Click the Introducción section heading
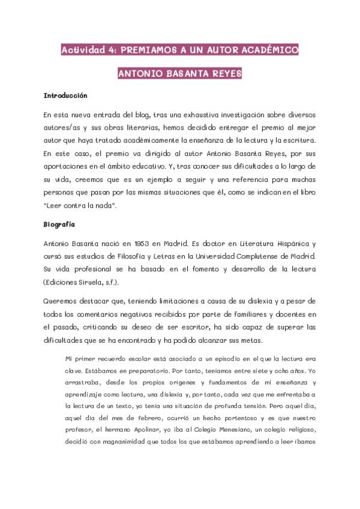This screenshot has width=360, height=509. (x=65, y=95)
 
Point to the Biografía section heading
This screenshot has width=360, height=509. (x=59, y=225)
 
